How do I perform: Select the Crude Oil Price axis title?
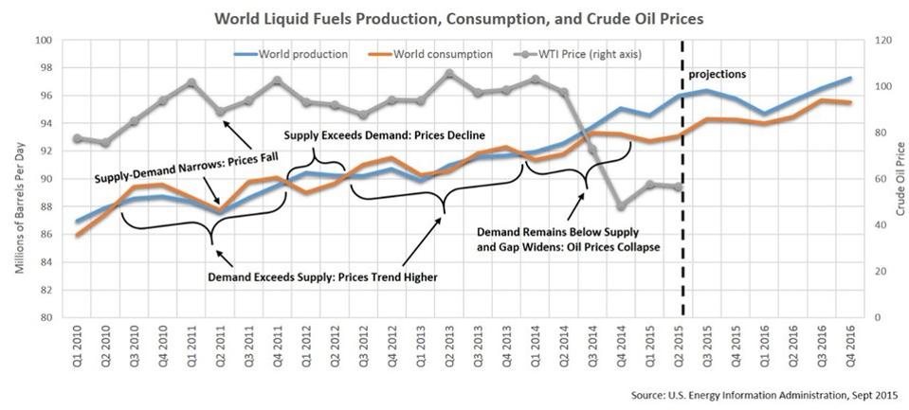(900, 178)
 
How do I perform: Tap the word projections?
(718, 73)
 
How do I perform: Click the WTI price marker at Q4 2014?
(620, 206)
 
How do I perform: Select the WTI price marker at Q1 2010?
(76, 138)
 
